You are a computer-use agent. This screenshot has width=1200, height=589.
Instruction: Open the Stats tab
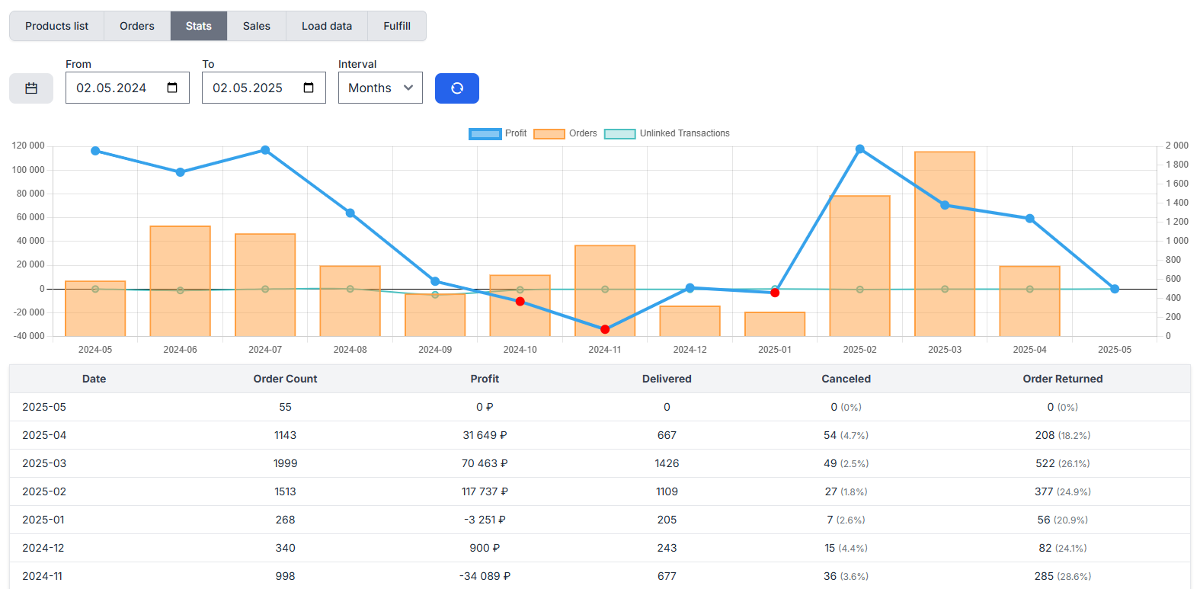tap(198, 26)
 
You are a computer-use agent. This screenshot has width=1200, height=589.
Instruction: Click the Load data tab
tap(326, 26)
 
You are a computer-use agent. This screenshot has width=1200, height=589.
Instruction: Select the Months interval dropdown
tap(380, 88)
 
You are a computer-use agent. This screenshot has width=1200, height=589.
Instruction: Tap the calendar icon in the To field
tap(309, 88)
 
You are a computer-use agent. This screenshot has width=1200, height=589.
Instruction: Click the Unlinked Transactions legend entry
tap(667, 133)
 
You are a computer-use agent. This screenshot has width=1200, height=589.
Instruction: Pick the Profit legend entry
tap(498, 133)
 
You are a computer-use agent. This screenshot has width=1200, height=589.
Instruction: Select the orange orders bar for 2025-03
tap(945, 244)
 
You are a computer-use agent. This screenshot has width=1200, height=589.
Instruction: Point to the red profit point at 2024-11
tap(605, 329)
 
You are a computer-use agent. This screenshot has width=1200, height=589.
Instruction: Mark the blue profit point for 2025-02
tap(859, 149)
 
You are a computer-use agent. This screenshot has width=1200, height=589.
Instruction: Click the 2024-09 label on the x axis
tap(435, 350)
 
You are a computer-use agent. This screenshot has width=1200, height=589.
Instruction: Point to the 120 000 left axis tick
tap(28, 146)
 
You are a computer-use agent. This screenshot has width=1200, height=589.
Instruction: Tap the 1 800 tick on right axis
tap(1176, 165)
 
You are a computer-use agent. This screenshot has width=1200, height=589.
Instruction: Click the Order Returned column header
tap(1062, 379)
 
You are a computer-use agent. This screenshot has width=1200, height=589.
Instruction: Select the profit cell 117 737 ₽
tap(485, 491)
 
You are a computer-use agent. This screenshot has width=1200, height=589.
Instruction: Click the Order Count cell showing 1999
tap(285, 463)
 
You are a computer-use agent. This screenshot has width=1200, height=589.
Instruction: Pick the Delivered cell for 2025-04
tap(667, 435)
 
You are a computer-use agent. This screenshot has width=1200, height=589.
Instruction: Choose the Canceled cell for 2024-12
tap(846, 548)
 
